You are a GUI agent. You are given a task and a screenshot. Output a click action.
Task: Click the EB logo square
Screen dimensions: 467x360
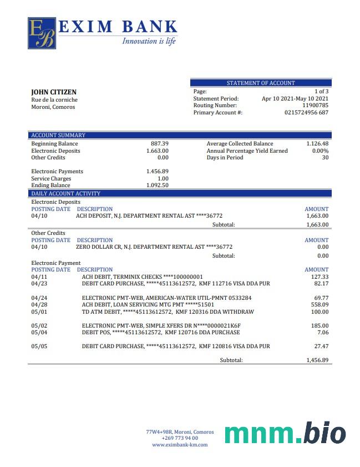point(42,33)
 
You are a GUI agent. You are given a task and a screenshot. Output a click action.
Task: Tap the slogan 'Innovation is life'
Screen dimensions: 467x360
point(149,41)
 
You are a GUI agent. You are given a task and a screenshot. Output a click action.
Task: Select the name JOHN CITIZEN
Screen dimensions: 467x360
point(54,92)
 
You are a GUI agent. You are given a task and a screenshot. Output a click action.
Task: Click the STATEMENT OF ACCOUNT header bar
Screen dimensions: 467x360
point(261,83)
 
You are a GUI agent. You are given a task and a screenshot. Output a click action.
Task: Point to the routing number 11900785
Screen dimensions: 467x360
point(315,106)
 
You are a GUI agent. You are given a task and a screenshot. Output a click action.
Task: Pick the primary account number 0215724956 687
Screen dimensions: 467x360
point(306,113)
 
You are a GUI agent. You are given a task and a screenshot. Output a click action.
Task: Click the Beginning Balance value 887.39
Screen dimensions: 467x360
point(159,144)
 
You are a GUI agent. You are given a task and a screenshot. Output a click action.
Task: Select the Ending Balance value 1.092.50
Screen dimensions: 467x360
point(158,185)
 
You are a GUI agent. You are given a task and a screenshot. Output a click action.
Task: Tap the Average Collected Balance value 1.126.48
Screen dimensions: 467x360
point(317,144)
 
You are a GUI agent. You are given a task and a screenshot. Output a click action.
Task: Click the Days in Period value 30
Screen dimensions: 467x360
point(325,158)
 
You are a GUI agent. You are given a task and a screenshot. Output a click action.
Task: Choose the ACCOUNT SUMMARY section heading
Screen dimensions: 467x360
point(58,135)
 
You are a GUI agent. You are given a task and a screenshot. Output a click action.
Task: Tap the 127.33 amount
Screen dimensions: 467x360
point(320,277)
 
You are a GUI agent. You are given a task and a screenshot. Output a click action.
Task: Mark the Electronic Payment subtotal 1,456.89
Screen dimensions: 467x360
point(317,360)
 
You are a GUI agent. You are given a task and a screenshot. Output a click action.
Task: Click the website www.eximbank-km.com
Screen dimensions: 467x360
point(180,445)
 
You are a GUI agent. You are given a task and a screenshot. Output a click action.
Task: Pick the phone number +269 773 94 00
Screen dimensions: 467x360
point(180,438)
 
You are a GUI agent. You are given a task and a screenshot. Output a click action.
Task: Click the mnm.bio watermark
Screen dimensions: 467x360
point(285,434)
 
